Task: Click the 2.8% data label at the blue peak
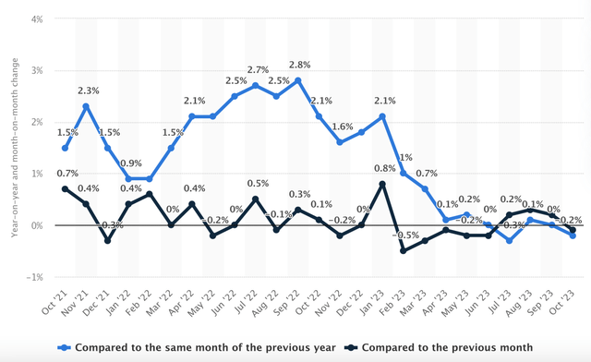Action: click(x=299, y=66)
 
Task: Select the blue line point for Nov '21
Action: click(x=86, y=106)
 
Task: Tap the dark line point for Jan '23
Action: click(x=382, y=184)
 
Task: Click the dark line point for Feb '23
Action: click(x=403, y=251)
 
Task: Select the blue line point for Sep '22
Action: click(x=298, y=80)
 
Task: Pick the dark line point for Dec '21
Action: click(x=106, y=241)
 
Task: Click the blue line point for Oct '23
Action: click(x=573, y=235)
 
